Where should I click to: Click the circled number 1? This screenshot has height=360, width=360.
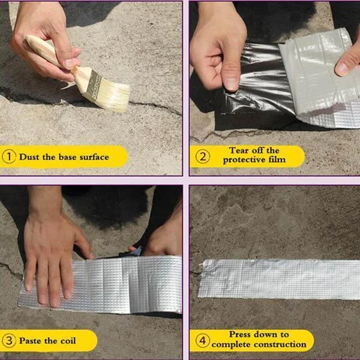pyautogui.click(x=10, y=157)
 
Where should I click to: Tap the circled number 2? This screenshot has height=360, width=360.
pyautogui.click(x=202, y=157)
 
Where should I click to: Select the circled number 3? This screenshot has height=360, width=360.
pyautogui.click(x=10, y=341)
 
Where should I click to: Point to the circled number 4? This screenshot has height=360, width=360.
pyautogui.click(x=202, y=341)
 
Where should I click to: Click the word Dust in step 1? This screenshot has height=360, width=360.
pyautogui.click(x=29, y=157)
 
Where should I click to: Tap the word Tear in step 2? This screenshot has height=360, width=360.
pyautogui.click(x=239, y=151)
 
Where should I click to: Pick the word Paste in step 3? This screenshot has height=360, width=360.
pyautogui.click(x=31, y=341)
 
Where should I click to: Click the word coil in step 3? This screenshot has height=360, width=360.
pyautogui.click(x=67, y=341)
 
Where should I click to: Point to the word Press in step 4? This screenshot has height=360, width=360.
pyautogui.click(x=242, y=334)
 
